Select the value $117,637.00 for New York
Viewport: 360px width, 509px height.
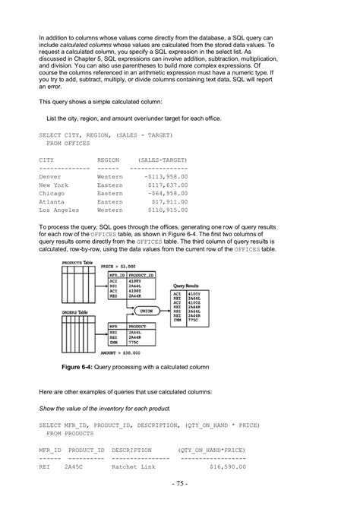coord(168,185)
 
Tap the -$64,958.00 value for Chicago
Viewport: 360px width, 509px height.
coord(166,193)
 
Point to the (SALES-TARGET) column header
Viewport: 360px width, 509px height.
coord(163,160)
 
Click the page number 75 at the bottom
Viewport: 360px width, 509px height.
coord(179,484)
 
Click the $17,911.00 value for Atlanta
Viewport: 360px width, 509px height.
coord(169,201)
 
